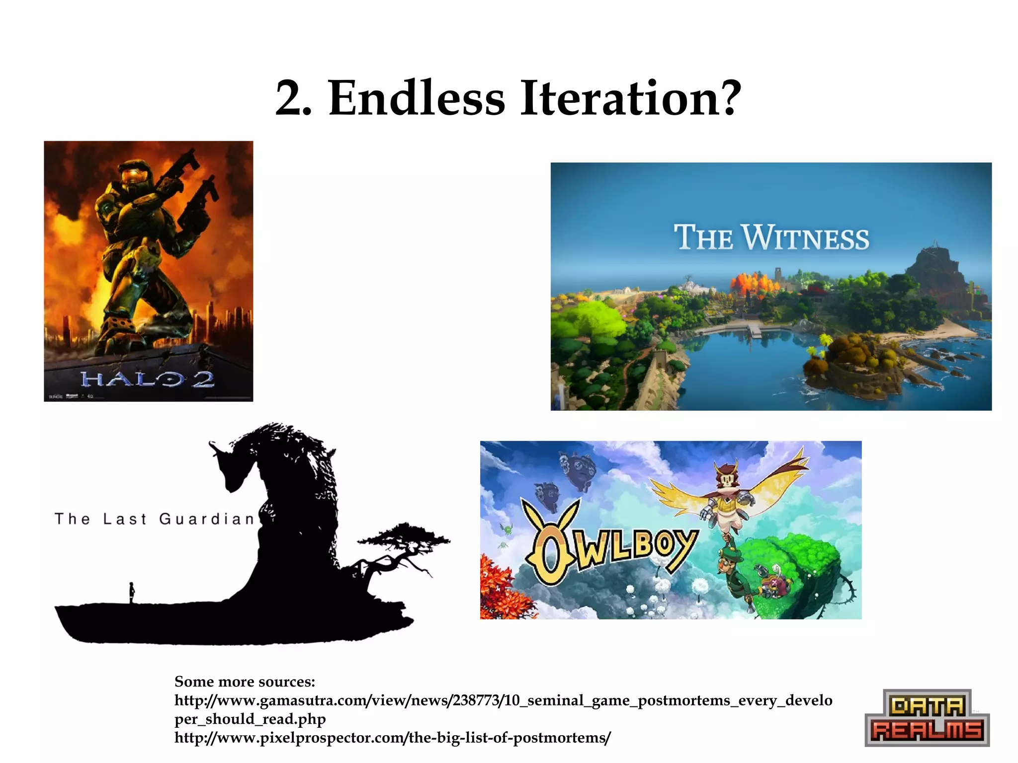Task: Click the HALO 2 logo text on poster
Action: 148,380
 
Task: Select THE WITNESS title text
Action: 771,238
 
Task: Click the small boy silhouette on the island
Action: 132,593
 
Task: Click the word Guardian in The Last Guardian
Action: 206,519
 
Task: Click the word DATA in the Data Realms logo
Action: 927,706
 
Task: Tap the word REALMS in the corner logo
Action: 928,730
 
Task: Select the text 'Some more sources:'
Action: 245,682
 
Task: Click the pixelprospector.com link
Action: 392,738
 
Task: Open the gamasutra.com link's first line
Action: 503,700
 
